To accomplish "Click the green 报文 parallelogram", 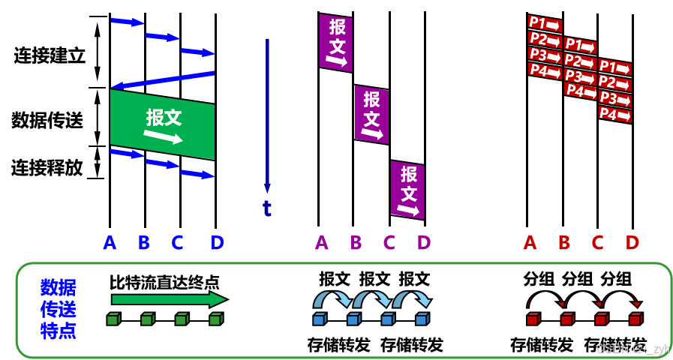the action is (x=162, y=124).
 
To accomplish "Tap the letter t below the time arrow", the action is (x=266, y=208).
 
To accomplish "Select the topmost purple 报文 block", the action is (x=336, y=43).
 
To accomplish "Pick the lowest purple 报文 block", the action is (x=407, y=190).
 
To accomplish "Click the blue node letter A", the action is (x=110, y=243).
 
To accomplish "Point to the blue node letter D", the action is (x=217, y=243).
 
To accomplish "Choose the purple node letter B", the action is (x=356, y=243).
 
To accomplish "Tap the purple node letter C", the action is (x=389, y=243).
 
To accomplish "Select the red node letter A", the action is (x=530, y=243).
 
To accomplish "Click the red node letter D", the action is (x=632, y=243).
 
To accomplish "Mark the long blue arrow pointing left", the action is (x=162, y=79).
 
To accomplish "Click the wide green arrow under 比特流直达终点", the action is (x=170, y=299).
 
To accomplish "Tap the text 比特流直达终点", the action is (x=164, y=282).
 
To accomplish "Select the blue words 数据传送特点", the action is (x=58, y=309).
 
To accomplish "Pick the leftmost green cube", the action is (x=113, y=319).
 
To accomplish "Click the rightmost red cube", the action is (x=635, y=319).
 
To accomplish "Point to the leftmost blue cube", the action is (x=319, y=319).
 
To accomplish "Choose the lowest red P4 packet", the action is (x=614, y=115).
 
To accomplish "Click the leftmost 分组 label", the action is (x=539, y=280).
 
